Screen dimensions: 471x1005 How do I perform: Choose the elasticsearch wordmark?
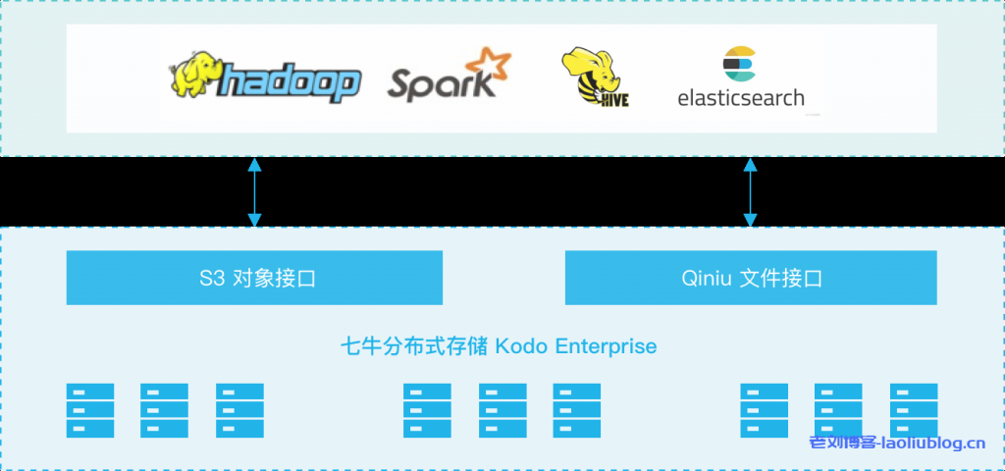coord(741,98)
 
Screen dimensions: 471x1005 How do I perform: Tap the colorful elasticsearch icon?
coord(738,63)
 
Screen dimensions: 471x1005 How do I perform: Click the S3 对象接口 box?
coord(254,278)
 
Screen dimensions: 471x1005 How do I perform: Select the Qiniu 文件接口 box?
coord(751,278)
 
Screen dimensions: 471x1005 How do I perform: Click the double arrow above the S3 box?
coord(254,192)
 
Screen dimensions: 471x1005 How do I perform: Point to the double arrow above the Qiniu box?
coord(751,192)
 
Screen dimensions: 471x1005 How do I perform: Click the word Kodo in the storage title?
coord(521,346)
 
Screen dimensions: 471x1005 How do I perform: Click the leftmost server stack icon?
coord(90,410)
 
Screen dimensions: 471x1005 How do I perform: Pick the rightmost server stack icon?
coord(913,410)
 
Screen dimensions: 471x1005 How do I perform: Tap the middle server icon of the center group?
coord(502,410)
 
